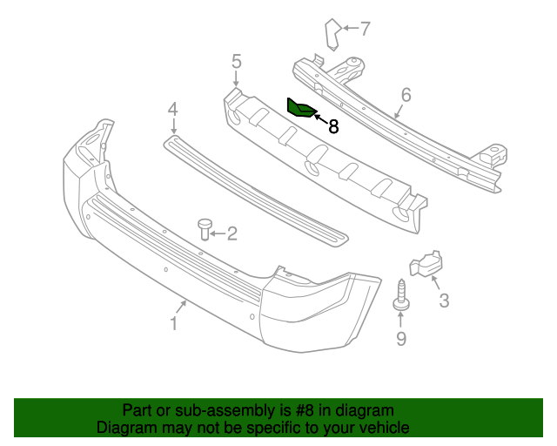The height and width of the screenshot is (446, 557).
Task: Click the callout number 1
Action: tap(173, 323)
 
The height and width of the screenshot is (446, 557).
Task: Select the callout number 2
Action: tap(232, 233)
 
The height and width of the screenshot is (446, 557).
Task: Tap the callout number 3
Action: tap(444, 301)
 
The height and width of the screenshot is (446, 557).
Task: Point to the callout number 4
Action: tap(173, 110)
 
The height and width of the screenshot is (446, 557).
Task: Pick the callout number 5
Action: tap(236, 61)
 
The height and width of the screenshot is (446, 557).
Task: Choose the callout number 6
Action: tap(406, 95)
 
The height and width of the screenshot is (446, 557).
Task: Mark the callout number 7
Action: tap(365, 29)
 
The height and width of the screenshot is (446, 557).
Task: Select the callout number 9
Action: tap(401, 339)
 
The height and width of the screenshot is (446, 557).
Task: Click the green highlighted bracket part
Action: tap(300, 108)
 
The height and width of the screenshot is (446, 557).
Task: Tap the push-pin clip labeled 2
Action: tap(206, 228)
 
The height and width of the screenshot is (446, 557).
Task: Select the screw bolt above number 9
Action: tap(401, 295)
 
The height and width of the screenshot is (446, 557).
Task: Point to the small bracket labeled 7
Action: tap(332, 33)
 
